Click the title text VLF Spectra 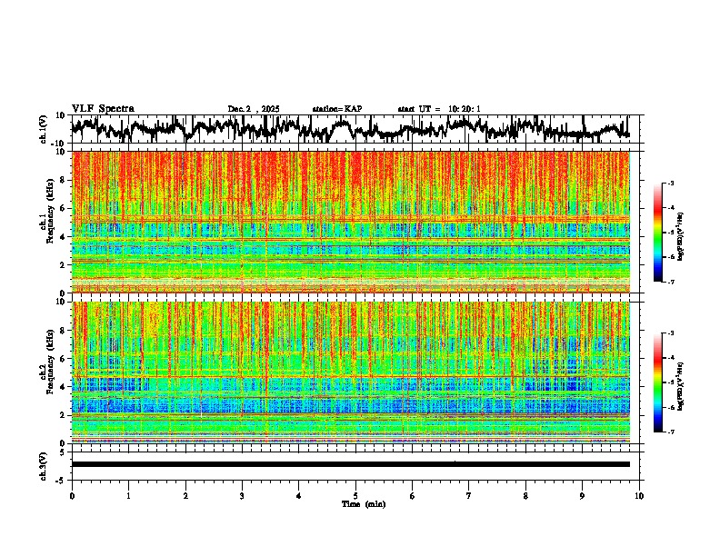pos(103,108)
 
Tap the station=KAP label pos(337,109)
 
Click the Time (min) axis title pos(363,503)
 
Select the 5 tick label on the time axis pos(355,495)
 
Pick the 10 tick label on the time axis pos(639,495)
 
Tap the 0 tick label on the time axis pos(72,495)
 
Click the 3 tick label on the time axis pos(242,495)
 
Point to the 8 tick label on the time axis pos(525,495)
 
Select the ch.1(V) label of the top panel pos(43,129)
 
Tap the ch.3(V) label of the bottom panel pos(43,463)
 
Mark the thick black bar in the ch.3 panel pos(350,464)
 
